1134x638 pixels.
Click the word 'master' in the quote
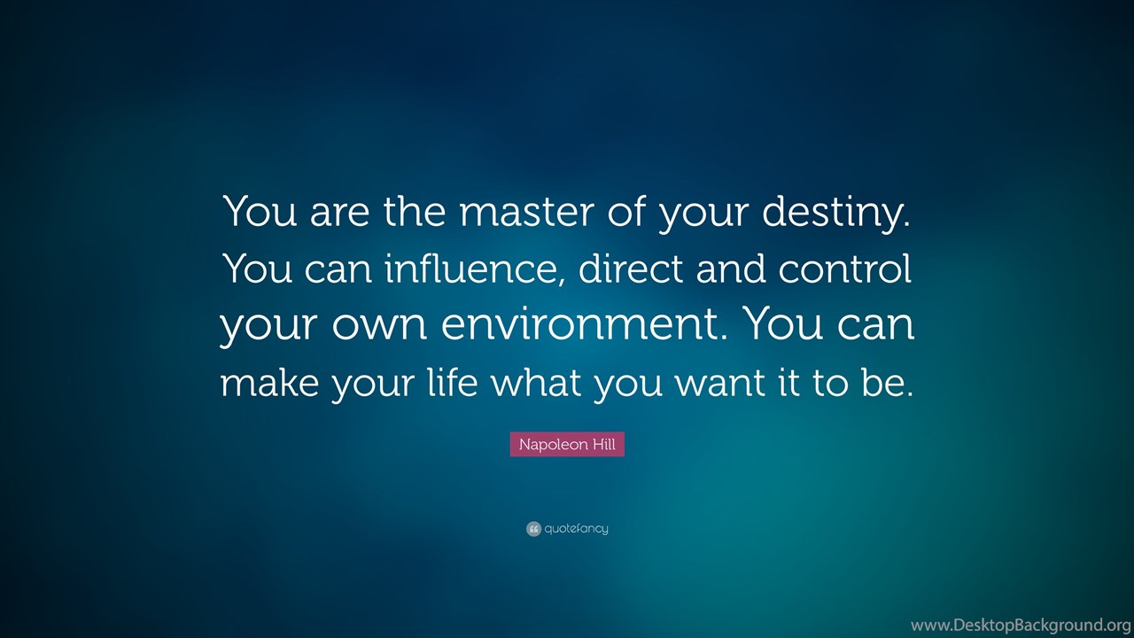(x=526, y=212)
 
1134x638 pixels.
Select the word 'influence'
(x=470, y=268)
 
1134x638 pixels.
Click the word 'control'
(x=845, y=268)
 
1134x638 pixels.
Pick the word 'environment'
(x=577, y=324)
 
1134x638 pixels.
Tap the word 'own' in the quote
(x=379, y=328)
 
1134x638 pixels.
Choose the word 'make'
(x=269, y=381)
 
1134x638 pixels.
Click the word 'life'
(x=453, y=381)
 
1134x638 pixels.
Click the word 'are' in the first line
(x=339, y=214)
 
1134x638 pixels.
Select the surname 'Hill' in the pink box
(x=604, y=444)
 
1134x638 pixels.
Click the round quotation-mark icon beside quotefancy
(x=533, y=529)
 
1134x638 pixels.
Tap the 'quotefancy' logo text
(x=576, y=529)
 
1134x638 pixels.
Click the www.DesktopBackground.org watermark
(x=1021, y=626)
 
